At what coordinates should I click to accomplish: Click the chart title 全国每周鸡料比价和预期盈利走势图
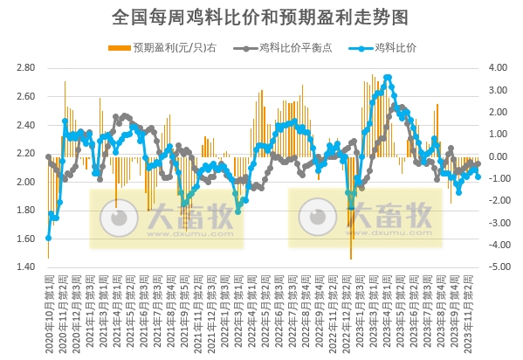click(x=261, y=17)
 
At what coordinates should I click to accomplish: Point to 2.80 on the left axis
click(x=26, y=68)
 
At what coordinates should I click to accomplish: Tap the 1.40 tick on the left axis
click(x=26, y=267)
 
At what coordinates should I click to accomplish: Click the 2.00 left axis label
click(x=26, y=182)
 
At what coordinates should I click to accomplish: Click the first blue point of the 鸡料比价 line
click(x=48, y=238)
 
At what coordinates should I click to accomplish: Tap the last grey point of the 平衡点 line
click(x=478, y=163)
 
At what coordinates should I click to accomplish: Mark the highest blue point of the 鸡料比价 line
click(x=388, y=77)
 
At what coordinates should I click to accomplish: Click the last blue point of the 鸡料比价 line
click(x=478, y=177)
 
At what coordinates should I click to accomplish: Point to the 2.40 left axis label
click(x=26, y=125)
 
